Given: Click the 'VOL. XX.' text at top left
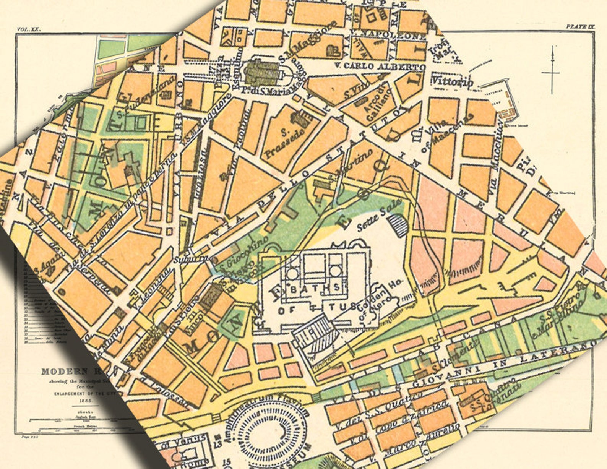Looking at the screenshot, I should click(29, 29).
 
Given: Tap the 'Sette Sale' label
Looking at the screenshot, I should click(379, 215).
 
